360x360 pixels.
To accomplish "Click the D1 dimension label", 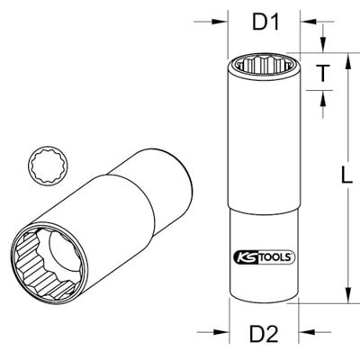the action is (x=266, y=22).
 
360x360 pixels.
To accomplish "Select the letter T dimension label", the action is (x=323, y=73).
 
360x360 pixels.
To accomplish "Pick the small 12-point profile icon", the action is (x=48, y=166).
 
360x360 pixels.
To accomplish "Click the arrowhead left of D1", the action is (x=220, y=22).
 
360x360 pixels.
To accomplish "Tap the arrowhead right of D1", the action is (x=308, y=22).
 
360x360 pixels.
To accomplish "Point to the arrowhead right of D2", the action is (x=307, y=332).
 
